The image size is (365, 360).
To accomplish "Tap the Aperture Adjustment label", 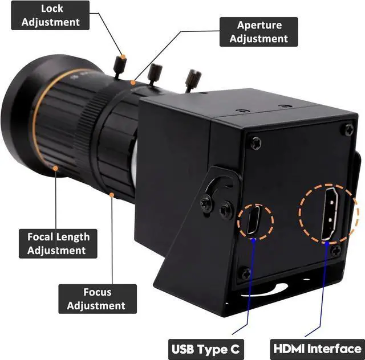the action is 259,32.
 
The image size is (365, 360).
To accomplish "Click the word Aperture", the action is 259,25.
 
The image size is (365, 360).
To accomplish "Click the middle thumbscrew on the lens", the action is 155,72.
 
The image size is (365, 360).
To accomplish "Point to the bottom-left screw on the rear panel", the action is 246,274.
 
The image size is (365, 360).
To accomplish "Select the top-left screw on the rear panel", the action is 256,144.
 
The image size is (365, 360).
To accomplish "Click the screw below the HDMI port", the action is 336,251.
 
